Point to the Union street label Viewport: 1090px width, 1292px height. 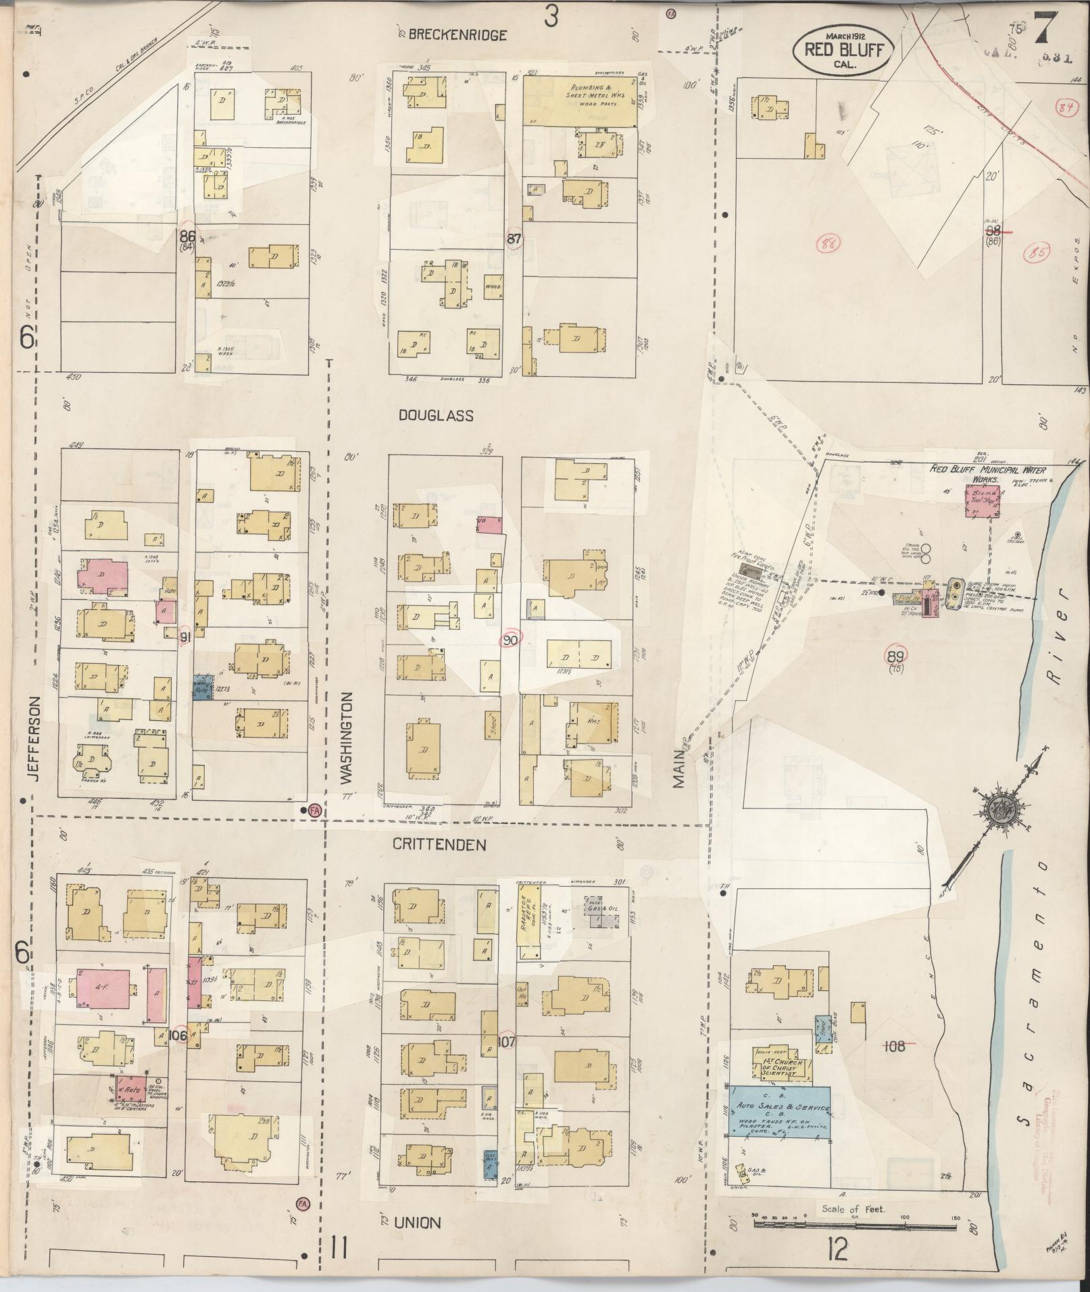click(418, 1222)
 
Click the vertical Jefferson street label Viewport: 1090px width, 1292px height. click(35, 739)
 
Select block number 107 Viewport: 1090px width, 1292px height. click(506, 1042)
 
